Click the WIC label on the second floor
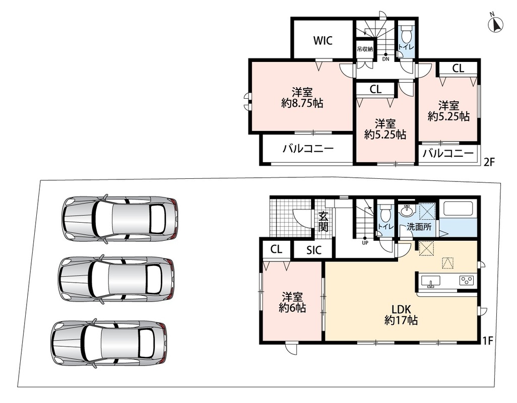[323, 40]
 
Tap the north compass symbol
[495, 23]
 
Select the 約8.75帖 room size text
[302, 103]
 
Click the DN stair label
[386, 59]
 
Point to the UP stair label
[365, 243]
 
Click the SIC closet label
[313, 250]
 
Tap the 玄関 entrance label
[323, 222]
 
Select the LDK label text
[401, 309]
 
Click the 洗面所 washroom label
[419, 227]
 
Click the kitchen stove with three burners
[467, 281]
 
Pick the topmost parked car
[120, 219]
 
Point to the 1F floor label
[487, 341]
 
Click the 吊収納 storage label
[365, 49]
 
